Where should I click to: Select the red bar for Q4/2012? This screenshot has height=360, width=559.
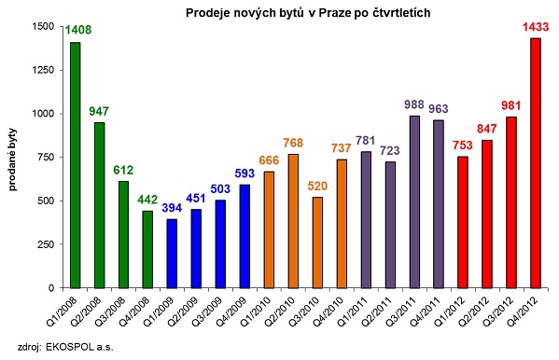click(x=536, y=162)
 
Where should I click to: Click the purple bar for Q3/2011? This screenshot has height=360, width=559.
click(x=414, y=201)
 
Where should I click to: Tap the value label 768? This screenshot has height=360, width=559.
click(x=293, y=144)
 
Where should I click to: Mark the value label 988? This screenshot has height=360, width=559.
click(x=414, y=105)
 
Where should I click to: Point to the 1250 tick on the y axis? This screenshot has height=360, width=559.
click(x=44, y=70)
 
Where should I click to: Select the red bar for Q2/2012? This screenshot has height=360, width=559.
click(x=487, y=214)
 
